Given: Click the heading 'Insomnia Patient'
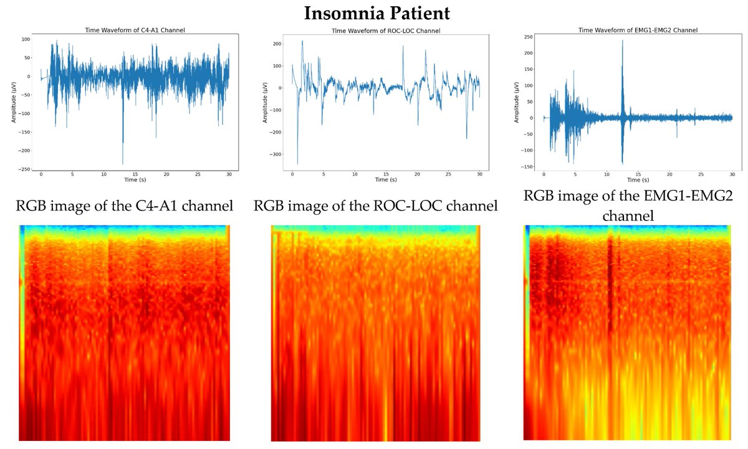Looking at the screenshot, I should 373,13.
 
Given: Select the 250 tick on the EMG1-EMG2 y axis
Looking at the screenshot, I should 526,37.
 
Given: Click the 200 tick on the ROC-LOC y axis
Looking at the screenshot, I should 277,44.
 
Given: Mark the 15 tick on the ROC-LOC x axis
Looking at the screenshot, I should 386,174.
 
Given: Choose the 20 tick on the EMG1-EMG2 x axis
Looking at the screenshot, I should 669,174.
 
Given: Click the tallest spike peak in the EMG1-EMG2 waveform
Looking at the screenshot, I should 622,40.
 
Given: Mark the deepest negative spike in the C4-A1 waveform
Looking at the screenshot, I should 123,164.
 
